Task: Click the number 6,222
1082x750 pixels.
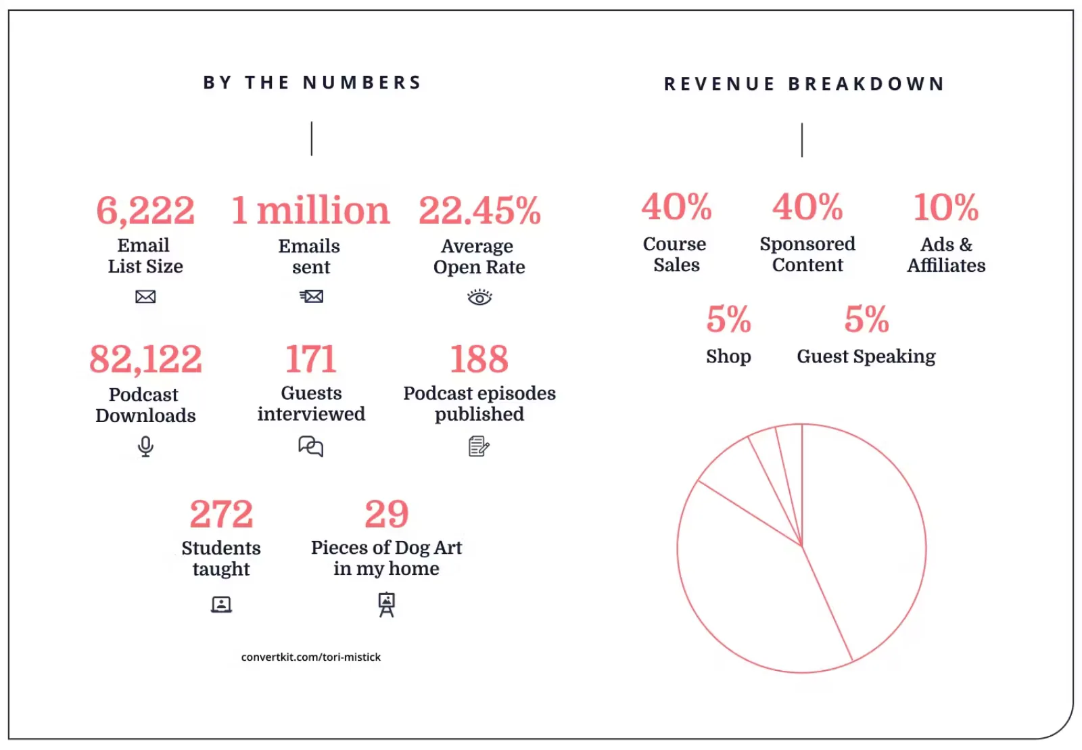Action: coord(145,210)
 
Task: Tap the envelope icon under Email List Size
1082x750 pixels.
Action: coord(145,297)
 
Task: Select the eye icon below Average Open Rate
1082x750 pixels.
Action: coord(479,297)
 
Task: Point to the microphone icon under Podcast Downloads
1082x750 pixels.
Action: coord(145,446)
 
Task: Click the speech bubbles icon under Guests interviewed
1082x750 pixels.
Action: coord(311,446)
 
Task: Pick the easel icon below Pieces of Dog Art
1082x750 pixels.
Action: coord(386,604)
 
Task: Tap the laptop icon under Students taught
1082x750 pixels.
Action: coord(221,604)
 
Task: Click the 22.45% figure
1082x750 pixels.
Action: coord(479,210)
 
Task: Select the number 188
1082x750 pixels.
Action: coord(479,359)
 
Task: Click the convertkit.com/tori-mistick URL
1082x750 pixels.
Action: coord(311,657)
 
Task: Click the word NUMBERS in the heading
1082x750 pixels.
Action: coord(362,83)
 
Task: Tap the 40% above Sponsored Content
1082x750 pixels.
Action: coord(807,207)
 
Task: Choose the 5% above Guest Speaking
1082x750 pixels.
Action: coord(866,319)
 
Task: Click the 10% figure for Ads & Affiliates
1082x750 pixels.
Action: coord(946,208)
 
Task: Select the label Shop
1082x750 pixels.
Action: coord(728,356)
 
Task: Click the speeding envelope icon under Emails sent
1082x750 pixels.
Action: coord(311,296)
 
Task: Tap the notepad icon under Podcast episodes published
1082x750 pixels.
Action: coord(479,446)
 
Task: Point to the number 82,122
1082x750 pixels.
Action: coord(145,359)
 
